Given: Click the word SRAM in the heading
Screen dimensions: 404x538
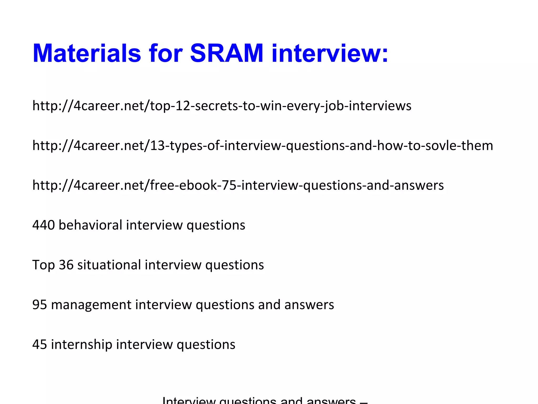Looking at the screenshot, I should click(226, 53).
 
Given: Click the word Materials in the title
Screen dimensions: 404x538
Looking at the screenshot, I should click(87, 53).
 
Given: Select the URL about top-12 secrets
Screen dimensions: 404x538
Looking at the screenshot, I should click(222, 106).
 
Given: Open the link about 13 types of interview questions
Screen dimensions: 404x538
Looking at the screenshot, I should click(263, 145).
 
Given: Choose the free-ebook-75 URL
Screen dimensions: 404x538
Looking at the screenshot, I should click(238, 185).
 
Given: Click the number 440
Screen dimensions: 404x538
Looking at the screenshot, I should click(43, 225).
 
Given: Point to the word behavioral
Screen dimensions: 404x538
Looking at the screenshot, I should click(90, 225).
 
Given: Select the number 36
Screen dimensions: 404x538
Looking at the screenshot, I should click(66, 265).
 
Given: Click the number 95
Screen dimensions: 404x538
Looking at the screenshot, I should click(40, 305).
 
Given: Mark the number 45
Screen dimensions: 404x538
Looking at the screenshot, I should click(40, 345).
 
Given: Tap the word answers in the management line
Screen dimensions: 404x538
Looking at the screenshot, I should click(309, 305).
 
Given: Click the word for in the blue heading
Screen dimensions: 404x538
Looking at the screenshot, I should click(165, 53).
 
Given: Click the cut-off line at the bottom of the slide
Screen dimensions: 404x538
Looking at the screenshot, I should click(265, 400).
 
